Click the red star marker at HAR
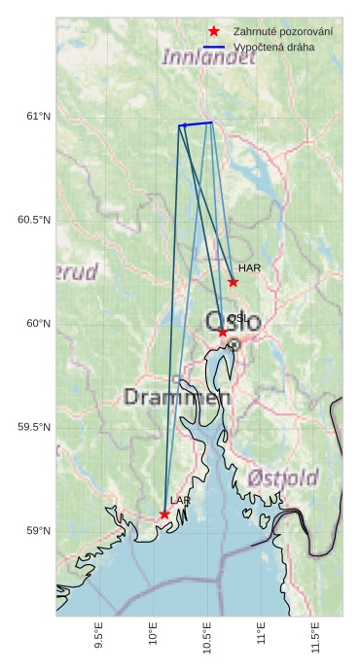[233, 282]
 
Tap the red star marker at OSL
[223, 333]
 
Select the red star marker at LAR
[164, 514]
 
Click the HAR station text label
[249, 267]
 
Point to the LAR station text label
[180, 500]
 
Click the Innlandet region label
[209, 57]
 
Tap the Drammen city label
[177, 397]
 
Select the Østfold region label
[283, 477]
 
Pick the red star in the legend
[214, 32]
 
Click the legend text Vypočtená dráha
[274, 47]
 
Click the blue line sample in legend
[214, 47]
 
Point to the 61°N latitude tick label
[38, 117]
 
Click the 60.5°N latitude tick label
[34, 220]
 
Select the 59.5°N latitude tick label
[34, 427]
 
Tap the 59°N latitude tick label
[38, 531]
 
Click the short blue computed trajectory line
[196, 124]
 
